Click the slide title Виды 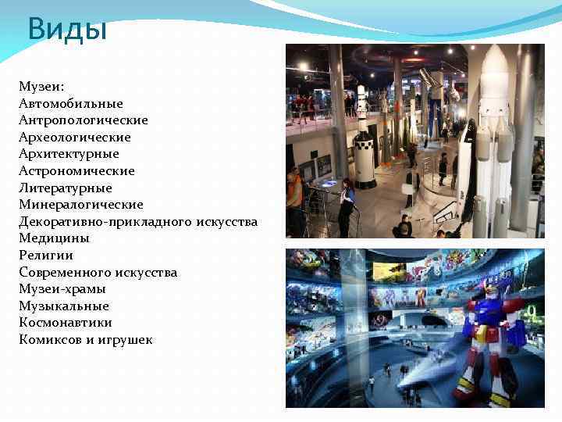[66, 30]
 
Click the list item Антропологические [84, 120]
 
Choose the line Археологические [75, 137]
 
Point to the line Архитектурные [69, 154]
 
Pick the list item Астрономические [77, 170]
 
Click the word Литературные [66, 188]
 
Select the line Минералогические [81, 205]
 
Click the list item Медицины [55, 238]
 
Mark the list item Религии [46, 255]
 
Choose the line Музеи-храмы [62, 289]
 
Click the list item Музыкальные [64, 306]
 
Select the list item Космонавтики [66, 322]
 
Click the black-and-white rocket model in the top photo [364, 141]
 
